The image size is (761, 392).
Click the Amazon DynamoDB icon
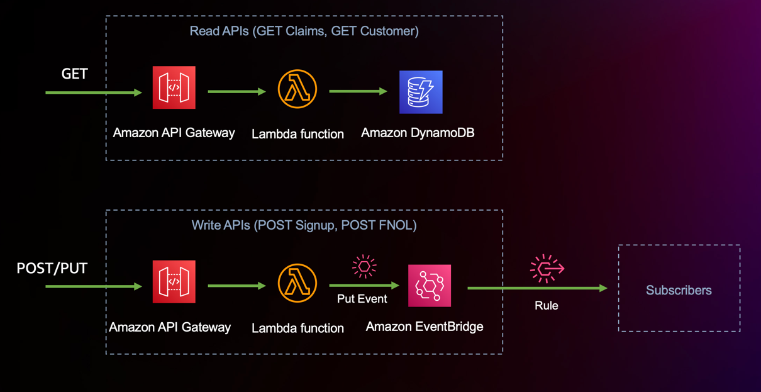421,92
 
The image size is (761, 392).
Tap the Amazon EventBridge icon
430,286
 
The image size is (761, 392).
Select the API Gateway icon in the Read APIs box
174,87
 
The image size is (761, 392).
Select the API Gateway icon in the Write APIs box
174,282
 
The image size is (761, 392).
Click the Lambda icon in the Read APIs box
297,89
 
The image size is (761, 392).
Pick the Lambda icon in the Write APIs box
297,284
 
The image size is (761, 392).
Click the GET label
74,74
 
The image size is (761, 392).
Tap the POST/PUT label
52,269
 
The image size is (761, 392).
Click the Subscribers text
679,290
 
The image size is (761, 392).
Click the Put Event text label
362,299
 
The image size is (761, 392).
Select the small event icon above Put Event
364,267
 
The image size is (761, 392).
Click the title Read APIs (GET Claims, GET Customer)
304,31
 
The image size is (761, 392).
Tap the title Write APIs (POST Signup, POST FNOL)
304,225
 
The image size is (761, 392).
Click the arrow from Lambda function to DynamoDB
357,92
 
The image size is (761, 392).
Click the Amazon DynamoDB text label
418,133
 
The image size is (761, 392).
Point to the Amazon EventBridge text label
425,327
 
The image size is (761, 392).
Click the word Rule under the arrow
546,306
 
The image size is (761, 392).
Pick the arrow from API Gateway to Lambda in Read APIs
236,92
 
